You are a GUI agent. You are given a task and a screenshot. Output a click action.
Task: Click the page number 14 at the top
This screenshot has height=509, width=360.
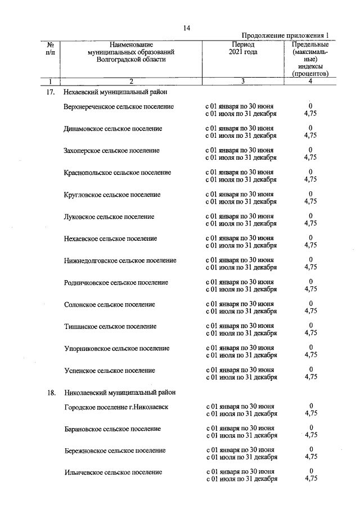click(187, 29)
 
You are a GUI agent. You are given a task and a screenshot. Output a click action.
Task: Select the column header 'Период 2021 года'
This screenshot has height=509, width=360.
click(242, 48)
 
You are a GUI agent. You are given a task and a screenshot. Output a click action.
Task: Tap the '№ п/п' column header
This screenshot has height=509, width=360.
click(51, 48)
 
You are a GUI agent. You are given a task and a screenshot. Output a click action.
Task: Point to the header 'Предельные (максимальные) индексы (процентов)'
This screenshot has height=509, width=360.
click(310, 59)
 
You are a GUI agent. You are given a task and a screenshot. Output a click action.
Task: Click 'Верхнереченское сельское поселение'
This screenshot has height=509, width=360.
click(119, 106)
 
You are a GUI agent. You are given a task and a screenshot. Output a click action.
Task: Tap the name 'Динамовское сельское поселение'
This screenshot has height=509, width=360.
click(113, 128)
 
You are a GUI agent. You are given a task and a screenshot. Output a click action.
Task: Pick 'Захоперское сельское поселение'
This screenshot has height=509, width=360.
click(111, 150)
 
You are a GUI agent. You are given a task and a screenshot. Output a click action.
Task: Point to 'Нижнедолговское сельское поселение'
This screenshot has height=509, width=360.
click(120, 260)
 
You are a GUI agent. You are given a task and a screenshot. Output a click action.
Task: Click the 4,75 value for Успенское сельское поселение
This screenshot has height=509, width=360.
click(310, 377)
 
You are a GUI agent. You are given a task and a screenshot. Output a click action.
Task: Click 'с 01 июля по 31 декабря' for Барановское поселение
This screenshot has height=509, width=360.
click(242, 435)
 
